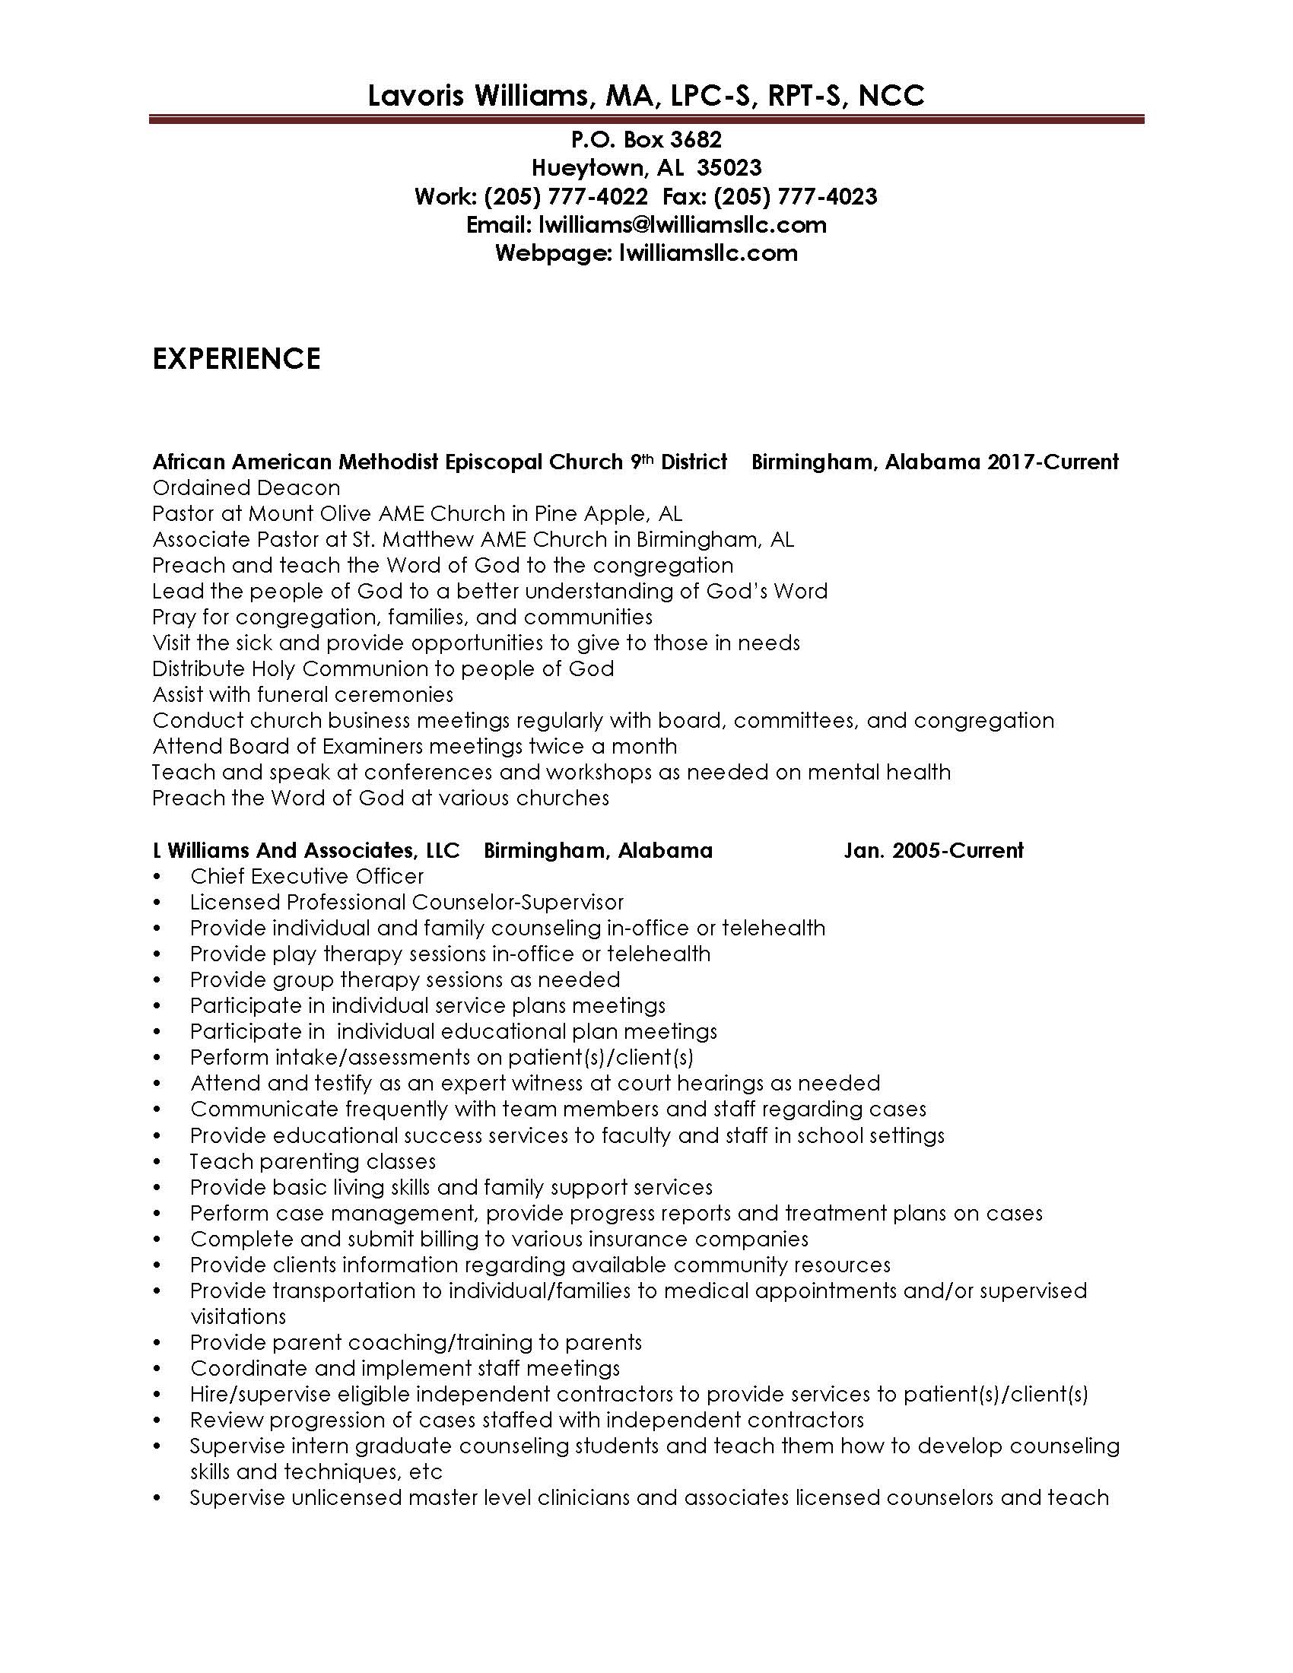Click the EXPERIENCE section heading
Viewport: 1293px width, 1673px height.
[236, 358]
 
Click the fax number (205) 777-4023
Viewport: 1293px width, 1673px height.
[795, 197]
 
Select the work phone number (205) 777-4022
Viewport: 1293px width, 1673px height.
[565, 197]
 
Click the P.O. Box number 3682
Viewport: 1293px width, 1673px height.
[695, 139]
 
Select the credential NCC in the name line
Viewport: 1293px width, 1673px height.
[891, 96]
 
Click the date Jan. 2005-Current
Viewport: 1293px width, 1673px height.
[933, 850]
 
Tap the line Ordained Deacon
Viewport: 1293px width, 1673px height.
[246, 488]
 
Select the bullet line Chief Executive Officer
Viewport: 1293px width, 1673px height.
[307, 876]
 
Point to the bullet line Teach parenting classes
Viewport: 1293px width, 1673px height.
[313, 1161]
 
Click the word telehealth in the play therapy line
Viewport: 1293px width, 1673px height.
[659, 954]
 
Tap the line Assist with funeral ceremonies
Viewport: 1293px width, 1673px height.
[303, 695]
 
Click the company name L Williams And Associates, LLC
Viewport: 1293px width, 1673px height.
[306, 850]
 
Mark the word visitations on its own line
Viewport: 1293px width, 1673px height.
[237, 1317]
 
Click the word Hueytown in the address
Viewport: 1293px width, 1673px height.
[588, 168]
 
